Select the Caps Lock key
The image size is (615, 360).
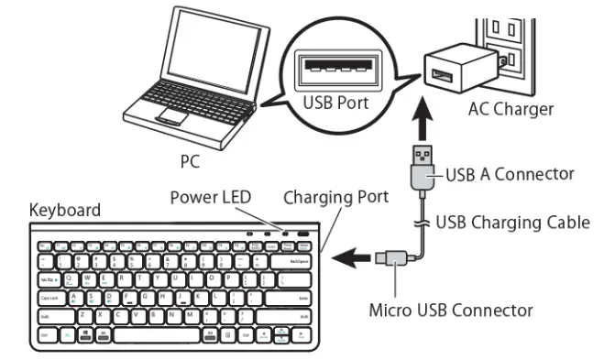tap(51, 297)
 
